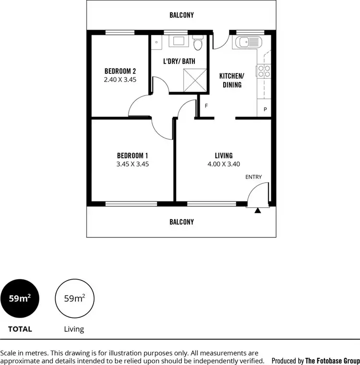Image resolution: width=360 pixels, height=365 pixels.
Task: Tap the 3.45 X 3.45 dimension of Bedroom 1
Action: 132,164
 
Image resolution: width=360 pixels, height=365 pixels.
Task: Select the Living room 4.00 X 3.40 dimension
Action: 224,164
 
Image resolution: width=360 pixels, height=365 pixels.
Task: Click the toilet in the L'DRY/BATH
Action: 198,45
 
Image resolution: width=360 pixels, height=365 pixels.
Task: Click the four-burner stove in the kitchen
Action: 264,71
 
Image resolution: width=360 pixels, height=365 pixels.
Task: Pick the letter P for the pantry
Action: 265,110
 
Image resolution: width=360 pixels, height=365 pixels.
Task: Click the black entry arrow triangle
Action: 258,210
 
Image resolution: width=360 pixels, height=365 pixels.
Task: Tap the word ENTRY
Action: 253,177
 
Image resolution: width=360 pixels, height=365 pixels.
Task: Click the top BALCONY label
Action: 181,15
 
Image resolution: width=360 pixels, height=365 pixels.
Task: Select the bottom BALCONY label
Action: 181,222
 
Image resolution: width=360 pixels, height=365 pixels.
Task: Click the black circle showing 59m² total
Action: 20,298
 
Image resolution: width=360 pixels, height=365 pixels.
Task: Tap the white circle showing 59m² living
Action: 75,298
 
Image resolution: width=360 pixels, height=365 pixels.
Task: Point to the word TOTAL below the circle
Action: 20,329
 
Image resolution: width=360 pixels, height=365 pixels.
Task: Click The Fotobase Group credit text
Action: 332,361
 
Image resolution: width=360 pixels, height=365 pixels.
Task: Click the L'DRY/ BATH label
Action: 179,61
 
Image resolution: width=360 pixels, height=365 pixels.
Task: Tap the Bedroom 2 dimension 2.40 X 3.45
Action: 120,80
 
